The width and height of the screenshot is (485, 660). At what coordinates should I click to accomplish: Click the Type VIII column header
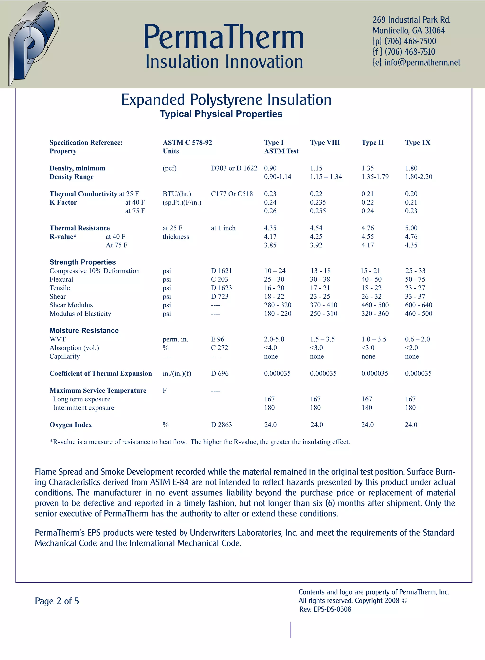pyautogui.click(x=325, y=143)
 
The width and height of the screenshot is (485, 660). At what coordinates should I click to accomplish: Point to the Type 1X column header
pyautogui.click(x=418, y=143)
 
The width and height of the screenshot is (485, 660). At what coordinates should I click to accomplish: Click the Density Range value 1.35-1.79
pyautogui.click(x=375, y=177)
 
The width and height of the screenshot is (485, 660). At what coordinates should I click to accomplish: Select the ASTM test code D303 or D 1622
pyautogui.click(x=234, y=168)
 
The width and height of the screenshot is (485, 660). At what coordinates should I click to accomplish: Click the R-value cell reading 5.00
pyautogui.click(x=411, y=228)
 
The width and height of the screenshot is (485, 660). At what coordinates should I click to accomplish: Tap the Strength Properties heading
pyautogui.click(x=82, y=262)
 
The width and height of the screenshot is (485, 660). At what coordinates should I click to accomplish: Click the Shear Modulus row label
pyautogui.click(x=71, y=305)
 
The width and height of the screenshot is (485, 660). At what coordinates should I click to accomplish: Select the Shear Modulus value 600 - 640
pyautogui.click(x=418, y=305)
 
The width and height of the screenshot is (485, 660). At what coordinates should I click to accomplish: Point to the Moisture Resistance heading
pyautogui.click(x=84, y=331)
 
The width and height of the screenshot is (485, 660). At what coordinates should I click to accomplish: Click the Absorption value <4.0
pyautogui.click(x=270, y=348)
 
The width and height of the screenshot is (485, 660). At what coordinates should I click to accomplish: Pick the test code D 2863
pyautogui.click(x=221, y=425)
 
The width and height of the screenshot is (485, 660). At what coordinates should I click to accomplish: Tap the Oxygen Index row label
pyautogui.click(x=71, y=425)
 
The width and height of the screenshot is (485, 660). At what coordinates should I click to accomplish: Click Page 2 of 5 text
pyautogui.click(x=57, y=601)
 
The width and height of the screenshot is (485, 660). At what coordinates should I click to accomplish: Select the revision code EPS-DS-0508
pyautogui.click(x=332, y=609)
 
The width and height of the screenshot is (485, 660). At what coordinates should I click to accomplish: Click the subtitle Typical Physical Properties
pyautogui.click(x=221, y=114)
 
